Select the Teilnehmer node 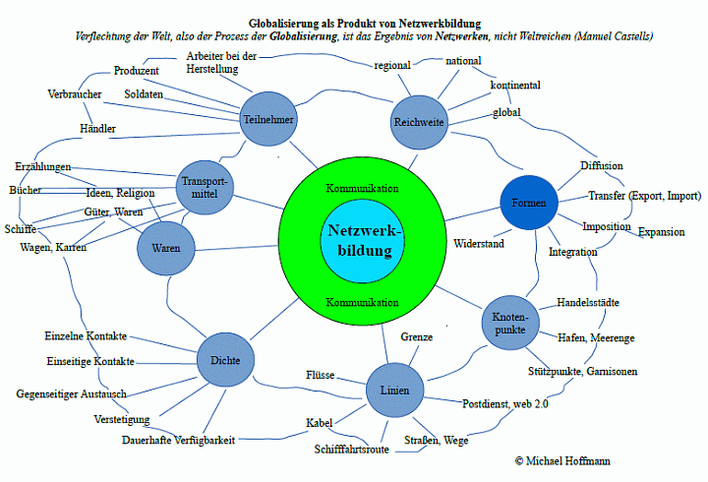268,120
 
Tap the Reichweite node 419,123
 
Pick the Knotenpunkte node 510,324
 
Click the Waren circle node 166,249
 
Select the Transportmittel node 206,186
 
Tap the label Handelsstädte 587,302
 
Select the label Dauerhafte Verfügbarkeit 179,440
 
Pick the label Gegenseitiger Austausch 71,393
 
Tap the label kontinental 514,86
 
